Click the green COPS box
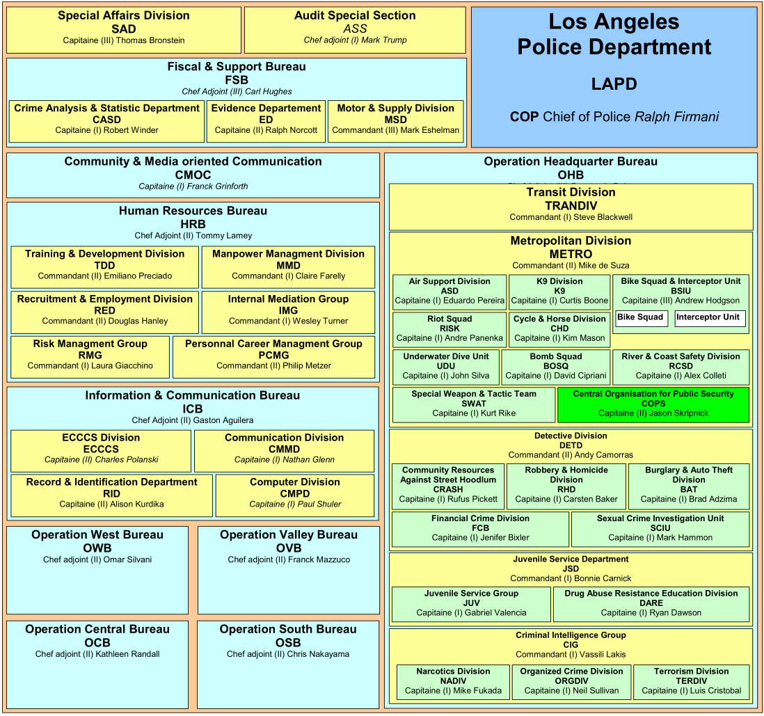tap(653, 404)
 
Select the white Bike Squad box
tap(641, 318)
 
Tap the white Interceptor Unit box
tap(709, 318)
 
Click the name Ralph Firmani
tap(676, 117)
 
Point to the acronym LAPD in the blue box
tap(614, 84)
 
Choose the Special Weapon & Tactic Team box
tap(473, 404)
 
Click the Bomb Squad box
tap(555, 367)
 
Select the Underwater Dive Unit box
tap(445, 367)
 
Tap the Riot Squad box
tap(449, 329)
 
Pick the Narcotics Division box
tap(453, 681)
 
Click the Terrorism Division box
tap(691, 681)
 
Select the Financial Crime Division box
tap(480, 528)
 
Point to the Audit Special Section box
tap(355, 29)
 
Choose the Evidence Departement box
tap(266, 120)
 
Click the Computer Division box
tap(295, 493)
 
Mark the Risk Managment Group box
tap(90, 355)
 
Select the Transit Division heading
tap(571, 192)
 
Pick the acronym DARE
tap(651, 603)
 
